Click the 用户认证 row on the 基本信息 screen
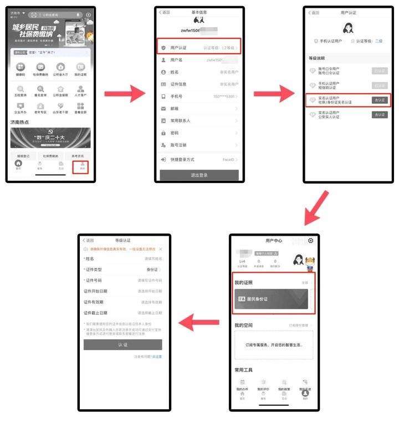click(x=199, y=47)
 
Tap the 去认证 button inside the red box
click(x=379, y=100)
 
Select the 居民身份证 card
click(x=272, y=299)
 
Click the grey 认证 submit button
click(x=122, y=344)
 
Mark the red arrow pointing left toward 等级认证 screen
click(x=199, y=320)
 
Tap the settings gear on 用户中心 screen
click(x=310, y=241)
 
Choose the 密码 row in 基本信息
click(x=199, y=133)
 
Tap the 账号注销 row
click(x=199, y=145)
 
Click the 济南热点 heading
click(x=20, y=122)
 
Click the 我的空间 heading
click(x=243, y=325)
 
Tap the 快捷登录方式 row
click(x=199, y=160)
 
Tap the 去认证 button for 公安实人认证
click(x=379, y=115)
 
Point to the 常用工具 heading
click(x=244, y=370)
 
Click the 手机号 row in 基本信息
click(x=199, y=96)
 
